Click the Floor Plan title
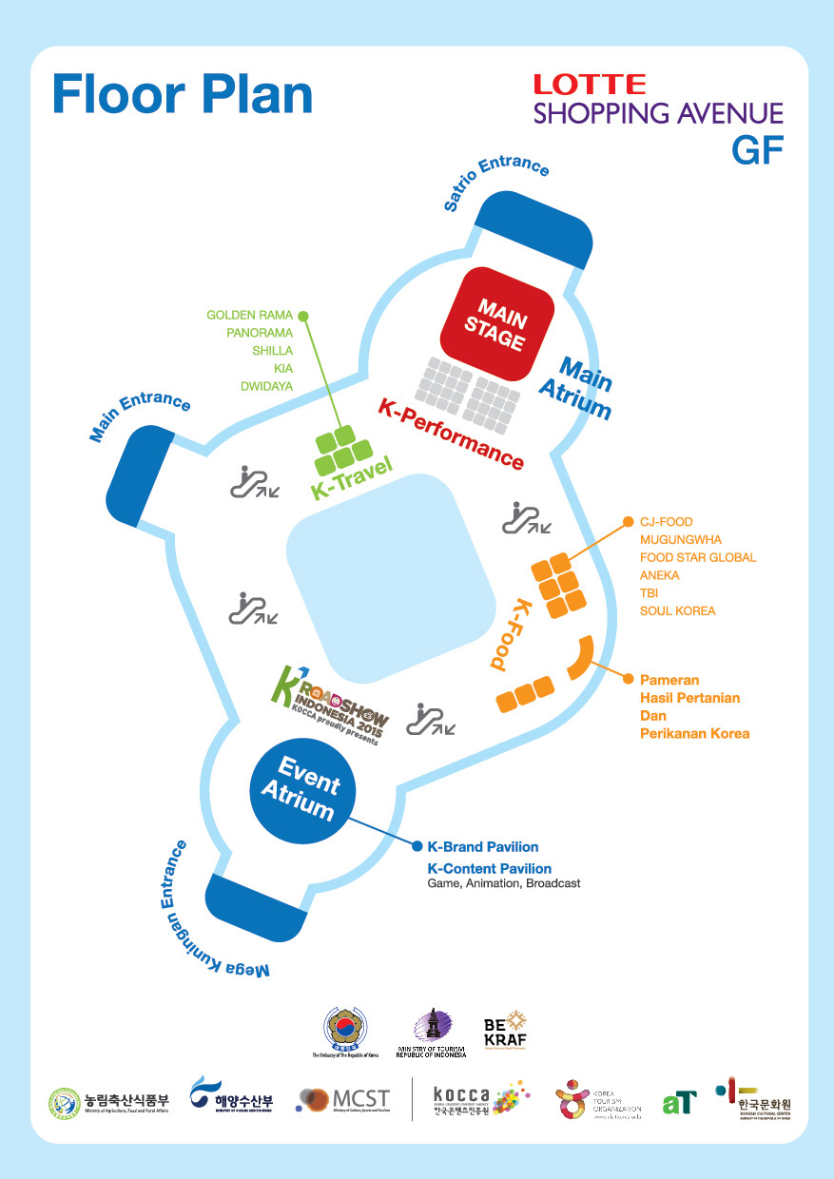(183, 95)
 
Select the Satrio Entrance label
(496, 181)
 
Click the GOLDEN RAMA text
(249, 315)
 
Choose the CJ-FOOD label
(666, 522)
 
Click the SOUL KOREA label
(677, 610)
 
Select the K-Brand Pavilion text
(482, 846)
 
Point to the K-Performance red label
(451, 434)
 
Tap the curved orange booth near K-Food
(580, 658)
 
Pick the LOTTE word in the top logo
(589, 85)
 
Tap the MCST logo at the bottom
(343, 1100)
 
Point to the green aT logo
(679, 1102)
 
